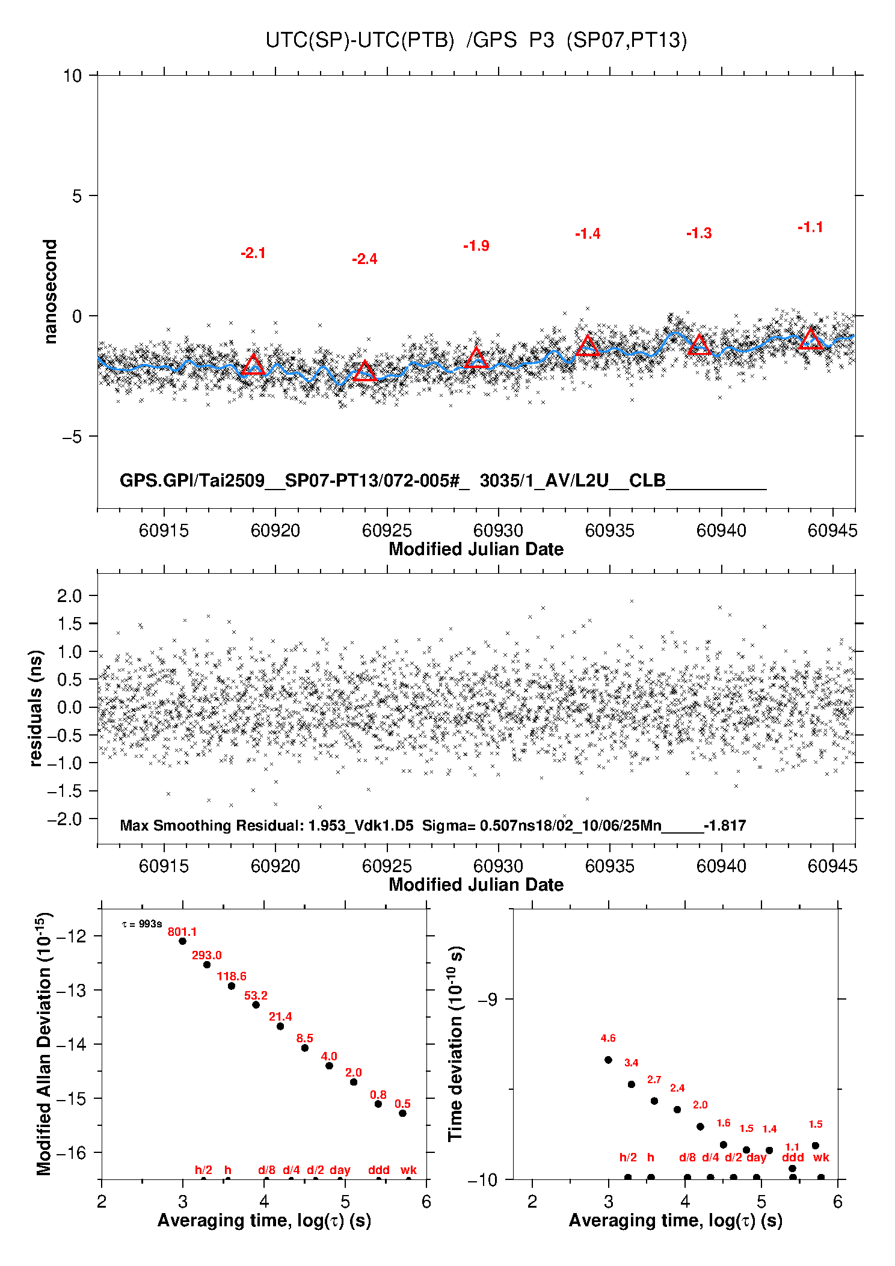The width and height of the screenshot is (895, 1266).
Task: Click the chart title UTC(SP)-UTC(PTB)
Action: (360, 40)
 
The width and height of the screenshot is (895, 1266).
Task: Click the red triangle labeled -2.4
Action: (364, 371)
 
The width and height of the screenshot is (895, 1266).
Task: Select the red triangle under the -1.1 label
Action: (811, 339)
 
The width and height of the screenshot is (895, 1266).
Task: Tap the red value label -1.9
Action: (476, 245)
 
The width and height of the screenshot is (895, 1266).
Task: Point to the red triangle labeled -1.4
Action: (588, 345)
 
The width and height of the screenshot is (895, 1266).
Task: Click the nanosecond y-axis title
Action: (51, 292)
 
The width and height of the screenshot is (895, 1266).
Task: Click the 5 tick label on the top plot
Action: (76, 196)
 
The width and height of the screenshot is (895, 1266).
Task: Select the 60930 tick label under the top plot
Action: (498, 530)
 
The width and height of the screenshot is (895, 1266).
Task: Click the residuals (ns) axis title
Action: (37, 708)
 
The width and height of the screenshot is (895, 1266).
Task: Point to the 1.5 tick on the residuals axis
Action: (70, 624)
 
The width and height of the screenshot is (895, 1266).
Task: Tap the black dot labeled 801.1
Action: (182, 941)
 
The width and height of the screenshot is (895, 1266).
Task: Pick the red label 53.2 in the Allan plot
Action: (256, 995)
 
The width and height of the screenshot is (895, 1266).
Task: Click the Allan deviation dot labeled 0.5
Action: (402, 1113)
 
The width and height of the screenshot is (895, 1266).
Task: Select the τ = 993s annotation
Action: (142, 924)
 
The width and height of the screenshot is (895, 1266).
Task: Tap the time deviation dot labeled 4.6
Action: (608, 1060)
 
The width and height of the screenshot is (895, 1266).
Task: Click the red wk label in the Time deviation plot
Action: (821, 1157)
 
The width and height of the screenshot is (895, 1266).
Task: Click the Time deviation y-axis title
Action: (456, 1043)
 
